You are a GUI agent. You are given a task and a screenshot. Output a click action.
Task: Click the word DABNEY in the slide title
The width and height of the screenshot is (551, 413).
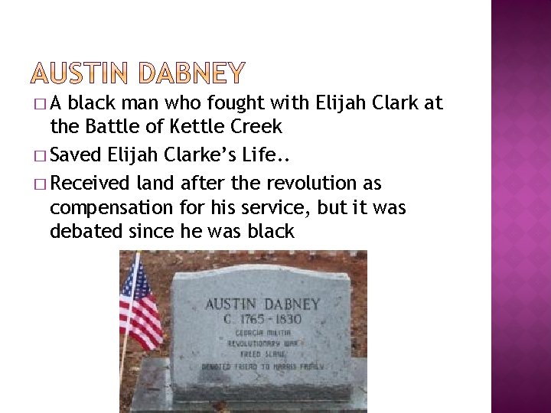click(x=193, y=73)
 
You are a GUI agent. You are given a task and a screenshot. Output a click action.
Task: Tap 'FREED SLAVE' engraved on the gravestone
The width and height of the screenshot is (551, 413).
click(x=260, y=355)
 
